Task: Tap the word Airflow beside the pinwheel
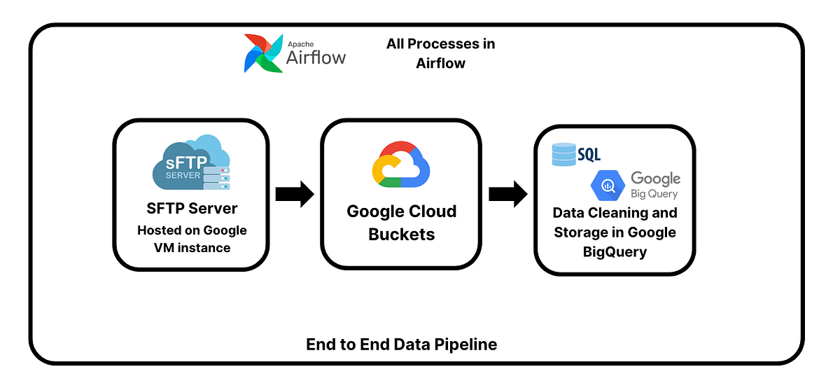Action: pos(316,57)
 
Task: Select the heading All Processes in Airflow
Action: pos(440,53)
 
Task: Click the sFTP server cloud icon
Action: pos(190,162)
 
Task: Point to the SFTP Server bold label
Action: pos(191,209)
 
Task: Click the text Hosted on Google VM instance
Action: pos(191,239)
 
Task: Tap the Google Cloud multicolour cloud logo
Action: pos(401,165)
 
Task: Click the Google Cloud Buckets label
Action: pos(401,223)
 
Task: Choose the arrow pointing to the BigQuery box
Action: pos(507,194)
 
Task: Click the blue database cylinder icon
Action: pos(563,155)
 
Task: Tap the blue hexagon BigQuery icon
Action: pos(607,185)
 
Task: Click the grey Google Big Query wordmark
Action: pos(655,185)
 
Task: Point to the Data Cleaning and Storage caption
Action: pos(615,232)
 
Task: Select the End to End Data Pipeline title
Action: pos(401,345)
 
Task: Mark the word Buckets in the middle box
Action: pos(401,235)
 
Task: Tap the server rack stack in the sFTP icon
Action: pos(216,179)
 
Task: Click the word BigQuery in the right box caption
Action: pos(615,251)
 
